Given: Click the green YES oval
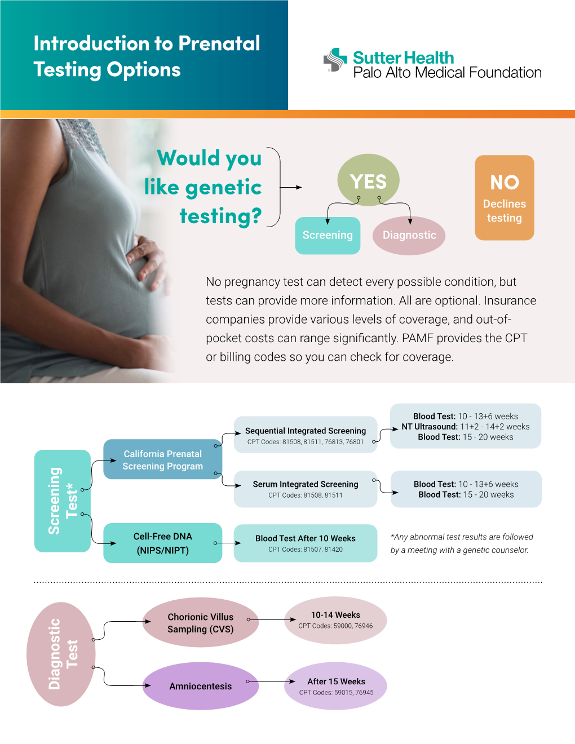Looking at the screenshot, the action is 368,180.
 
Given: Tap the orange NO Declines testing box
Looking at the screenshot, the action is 505,198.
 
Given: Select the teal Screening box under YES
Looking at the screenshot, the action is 328,236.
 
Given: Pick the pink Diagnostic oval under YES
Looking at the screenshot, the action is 409,236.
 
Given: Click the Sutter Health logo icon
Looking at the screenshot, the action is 335,60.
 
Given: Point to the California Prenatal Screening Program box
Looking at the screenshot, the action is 163,459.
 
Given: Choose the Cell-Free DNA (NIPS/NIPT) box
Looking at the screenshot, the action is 163,543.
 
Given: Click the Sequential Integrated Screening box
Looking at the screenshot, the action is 306,435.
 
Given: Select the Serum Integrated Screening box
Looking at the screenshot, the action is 306,489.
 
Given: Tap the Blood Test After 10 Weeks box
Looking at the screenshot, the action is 306,543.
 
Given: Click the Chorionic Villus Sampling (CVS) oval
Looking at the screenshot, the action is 201,622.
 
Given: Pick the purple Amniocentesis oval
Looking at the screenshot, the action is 201,686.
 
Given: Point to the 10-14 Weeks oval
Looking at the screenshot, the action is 335,620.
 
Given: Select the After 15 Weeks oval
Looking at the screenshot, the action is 335,686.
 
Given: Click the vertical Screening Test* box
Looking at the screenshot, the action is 63,501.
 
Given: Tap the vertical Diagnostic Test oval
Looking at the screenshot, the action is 61,654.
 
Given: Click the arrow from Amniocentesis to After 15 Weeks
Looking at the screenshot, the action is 271,681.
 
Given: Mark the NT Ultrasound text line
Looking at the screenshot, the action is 466,427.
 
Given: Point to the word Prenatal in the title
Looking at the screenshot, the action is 219,43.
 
